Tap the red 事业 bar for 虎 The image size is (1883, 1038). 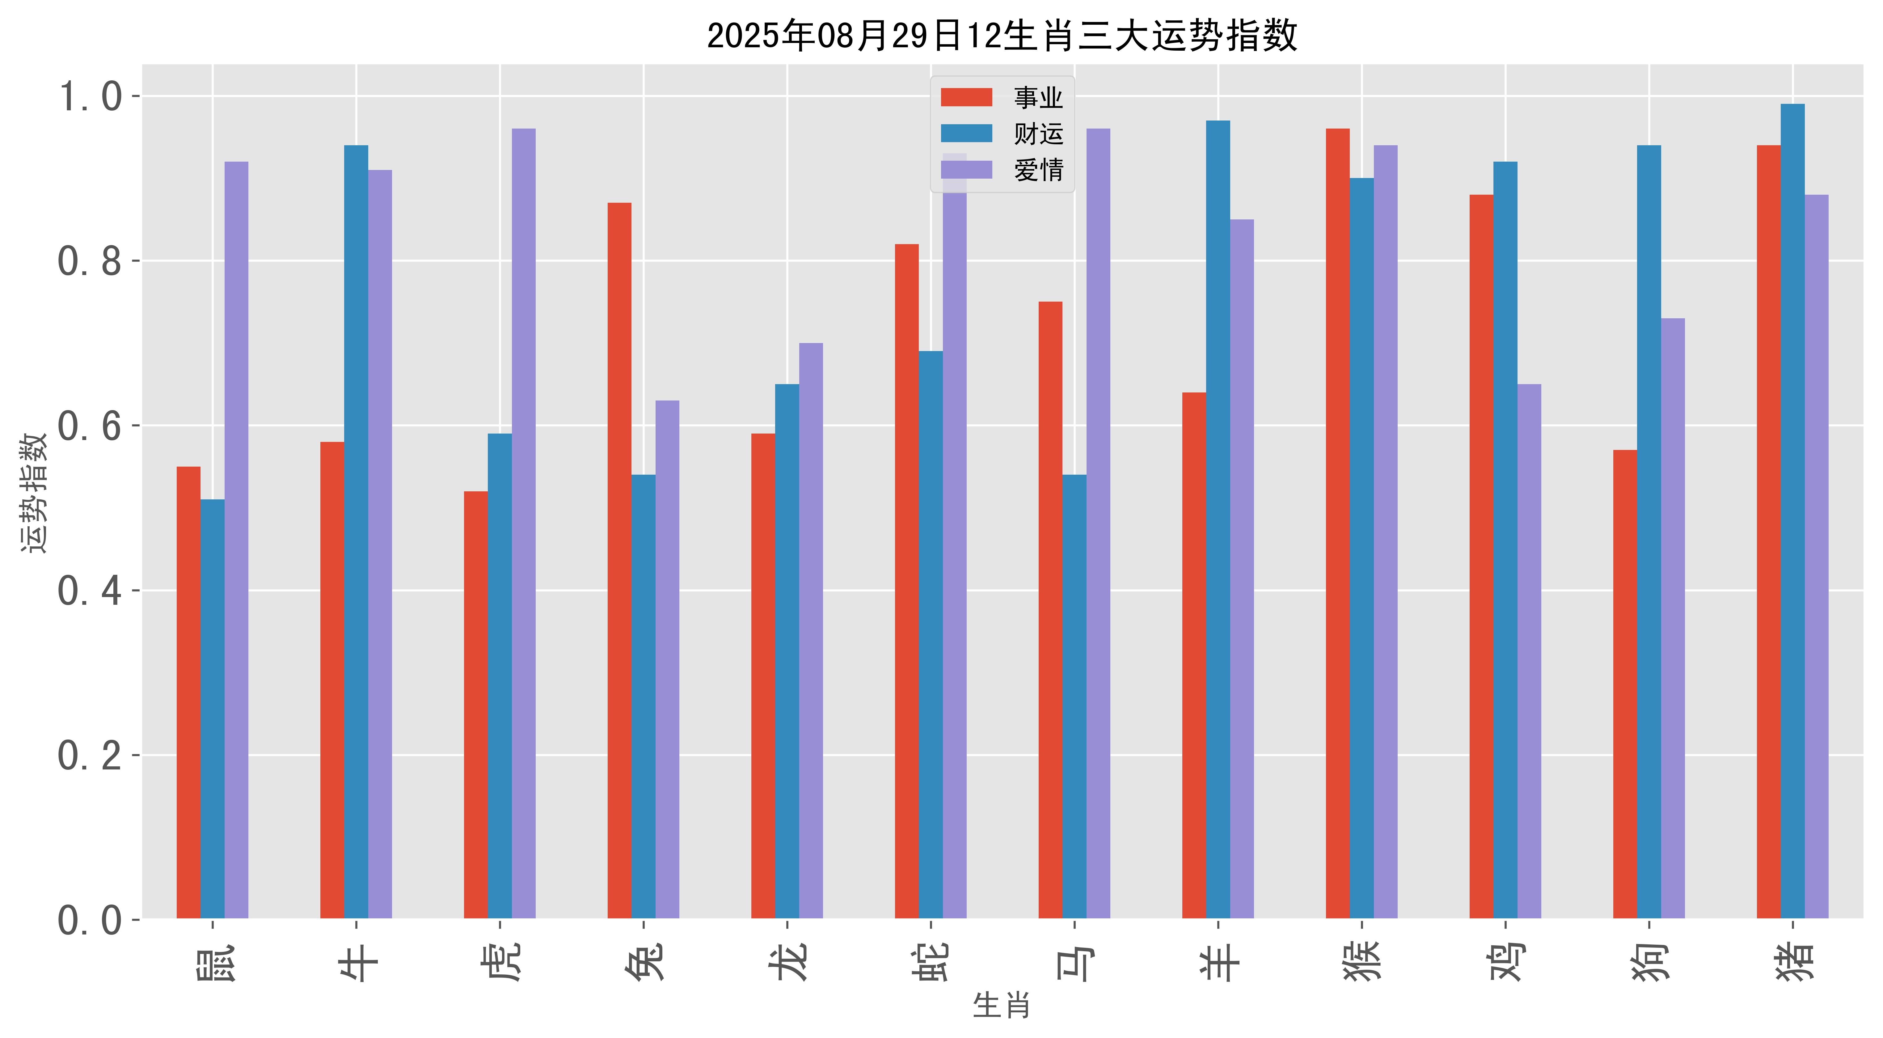point(476,705)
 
